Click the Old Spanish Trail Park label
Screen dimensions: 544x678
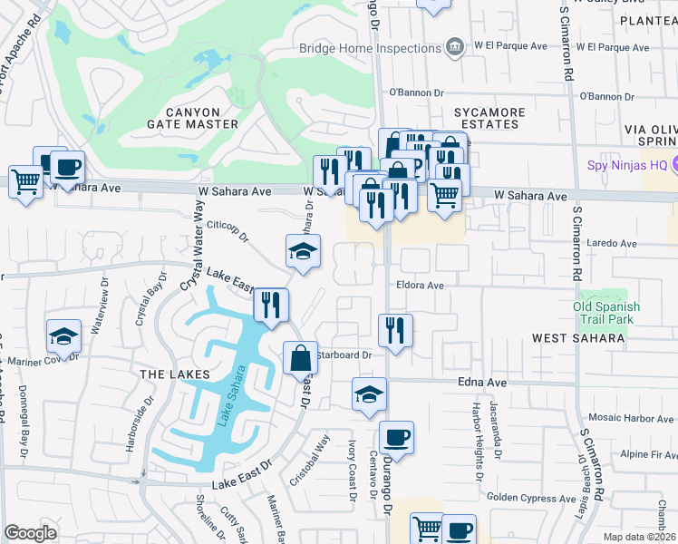[x=606, y=313]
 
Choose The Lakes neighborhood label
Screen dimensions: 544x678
[x=175, y=374]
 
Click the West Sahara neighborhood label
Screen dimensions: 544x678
[x=578, y=338]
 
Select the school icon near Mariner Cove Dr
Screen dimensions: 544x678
[x=63, y=335]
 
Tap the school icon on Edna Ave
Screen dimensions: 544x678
[x=369, y=393]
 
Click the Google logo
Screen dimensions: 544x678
[x=30, y=533]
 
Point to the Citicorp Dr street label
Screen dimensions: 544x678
[x=228, y=230]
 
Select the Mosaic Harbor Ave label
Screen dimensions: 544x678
[x=630, y=418]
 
